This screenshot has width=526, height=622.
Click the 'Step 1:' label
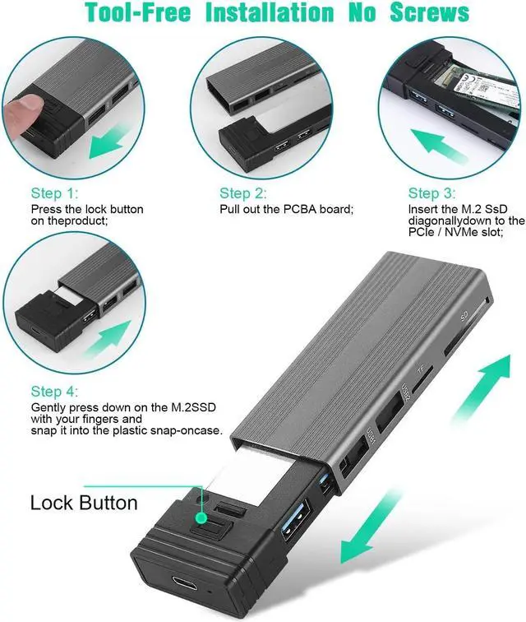[54, 193]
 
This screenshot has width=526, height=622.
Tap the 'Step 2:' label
[242, 193]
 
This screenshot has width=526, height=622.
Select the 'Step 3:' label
[431, 193]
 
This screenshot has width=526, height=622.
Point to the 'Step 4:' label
[54, 392]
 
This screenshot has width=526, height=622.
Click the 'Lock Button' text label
[84, 502]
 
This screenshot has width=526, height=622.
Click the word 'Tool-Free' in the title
[141, 12]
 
